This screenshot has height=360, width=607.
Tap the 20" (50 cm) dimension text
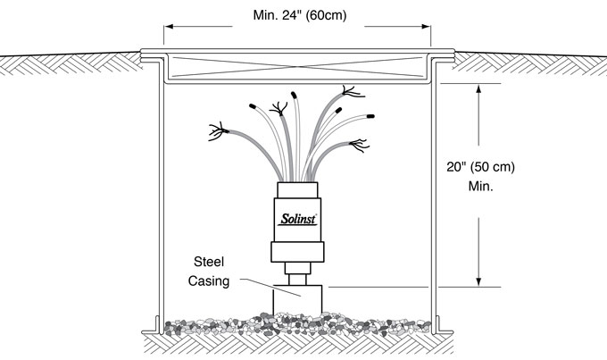pyautogui.click(x=481, y=168)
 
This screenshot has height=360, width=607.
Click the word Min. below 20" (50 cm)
pyautogui.click(x=481, y=188)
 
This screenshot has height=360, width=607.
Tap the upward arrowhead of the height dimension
pyautogui.click(x=481, y=90)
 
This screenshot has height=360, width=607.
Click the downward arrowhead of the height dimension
pyautogui.click(x=481, y=280)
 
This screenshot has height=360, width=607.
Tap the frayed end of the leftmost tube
pyautogui.click(x=214, y=134)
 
